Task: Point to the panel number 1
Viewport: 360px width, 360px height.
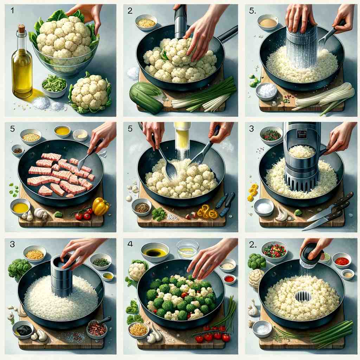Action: [12, 10]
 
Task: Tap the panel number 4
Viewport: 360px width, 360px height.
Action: [130, 244]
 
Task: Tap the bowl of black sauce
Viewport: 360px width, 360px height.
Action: [23, 329]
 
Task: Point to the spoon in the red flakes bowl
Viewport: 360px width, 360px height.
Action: [102, 321]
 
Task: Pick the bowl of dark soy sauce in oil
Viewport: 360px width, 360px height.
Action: [155, 252]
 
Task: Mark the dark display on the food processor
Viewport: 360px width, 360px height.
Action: [302, 135]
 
